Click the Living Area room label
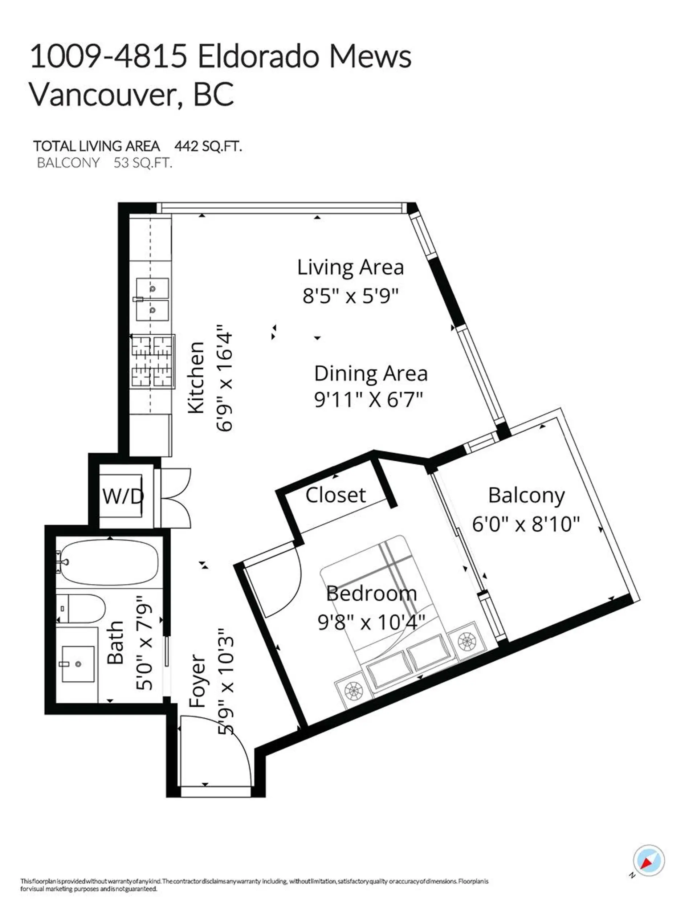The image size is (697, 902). tap(350, 268)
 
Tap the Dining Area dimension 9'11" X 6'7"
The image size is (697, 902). tap(368, 400)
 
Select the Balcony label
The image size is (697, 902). tap(526, 495)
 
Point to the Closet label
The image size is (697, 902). tap(335, 495)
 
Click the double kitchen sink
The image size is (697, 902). tap(152, 300)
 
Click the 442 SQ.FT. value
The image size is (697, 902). tap(208, 146)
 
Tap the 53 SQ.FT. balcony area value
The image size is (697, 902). tap(143, 163)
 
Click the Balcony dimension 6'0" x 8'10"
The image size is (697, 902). tap(526, 525)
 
